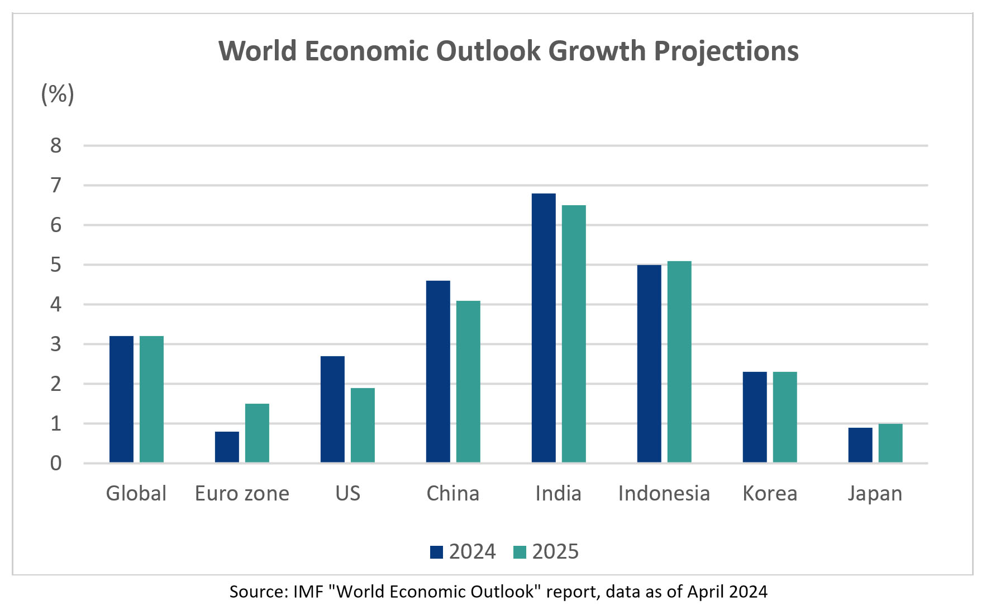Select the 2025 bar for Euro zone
click(257, 433)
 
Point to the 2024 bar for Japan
click(860, 445)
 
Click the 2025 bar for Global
click(151, 399)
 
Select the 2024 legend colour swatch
click(436, 552)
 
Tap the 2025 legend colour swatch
click(520, 552)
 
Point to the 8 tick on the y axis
click(56, 146)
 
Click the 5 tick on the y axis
click(56, 265)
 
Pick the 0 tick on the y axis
click(56, 464)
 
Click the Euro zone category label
click(242, 494)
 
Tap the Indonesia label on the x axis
click(664, 494)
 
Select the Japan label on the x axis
click(875, 494)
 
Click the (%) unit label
click(58, 94)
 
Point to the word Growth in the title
click(597, 51)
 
